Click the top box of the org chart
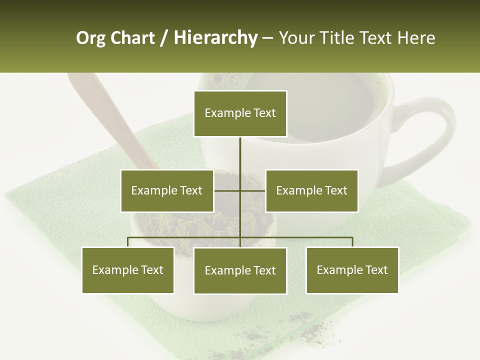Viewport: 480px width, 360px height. click(240, 113)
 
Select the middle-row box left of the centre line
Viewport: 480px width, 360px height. click(167, 190)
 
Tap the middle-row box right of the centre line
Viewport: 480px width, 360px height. click(311, 190)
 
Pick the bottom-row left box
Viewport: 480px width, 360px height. click(128, 270)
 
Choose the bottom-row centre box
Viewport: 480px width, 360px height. click(240, 270)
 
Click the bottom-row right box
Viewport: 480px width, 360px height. click(352, 270)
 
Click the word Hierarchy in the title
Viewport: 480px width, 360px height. click(215, 38)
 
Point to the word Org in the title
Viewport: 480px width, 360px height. click(90, 38)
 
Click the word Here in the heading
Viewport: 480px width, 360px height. click(416, 38)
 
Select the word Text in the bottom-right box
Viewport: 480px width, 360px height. click(376, 270)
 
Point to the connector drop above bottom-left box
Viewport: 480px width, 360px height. click(128, 242)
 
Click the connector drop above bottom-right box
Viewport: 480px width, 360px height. click(352, 242)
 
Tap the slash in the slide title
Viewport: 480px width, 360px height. click(164, 38)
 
